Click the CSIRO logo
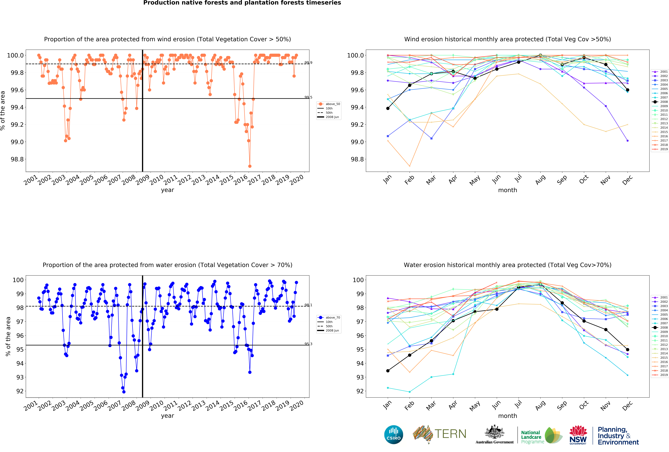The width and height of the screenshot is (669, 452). pyautogui.click(x=393, y=434)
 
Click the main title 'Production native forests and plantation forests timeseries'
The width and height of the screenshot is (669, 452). pyautogui.click(x=242, y=3)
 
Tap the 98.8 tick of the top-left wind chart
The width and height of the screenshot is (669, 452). pyautogui.click(x=17, y=159)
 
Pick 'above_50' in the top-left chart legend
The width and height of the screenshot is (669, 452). pyautogui.click(x=333, y=104)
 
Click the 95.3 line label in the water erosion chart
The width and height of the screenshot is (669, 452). pyautogui.click(x=308, y=344)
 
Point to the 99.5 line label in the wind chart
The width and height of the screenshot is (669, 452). pyautogui.click(x=308, y=97)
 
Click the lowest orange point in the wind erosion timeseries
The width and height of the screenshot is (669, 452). pyautogui.click(x=250, y=166)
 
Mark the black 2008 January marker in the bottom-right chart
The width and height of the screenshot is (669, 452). pyautogui.click(x=388, y=371)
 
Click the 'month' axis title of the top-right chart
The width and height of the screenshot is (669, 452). pyautogui.click(x=508, y=190)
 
